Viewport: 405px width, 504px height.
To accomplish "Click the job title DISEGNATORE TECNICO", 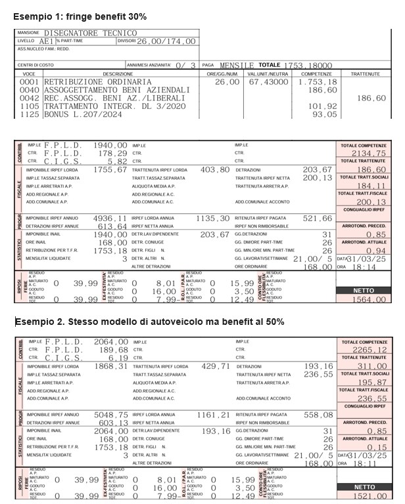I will [90, 33].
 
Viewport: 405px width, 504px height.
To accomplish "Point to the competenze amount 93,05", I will [324, 114].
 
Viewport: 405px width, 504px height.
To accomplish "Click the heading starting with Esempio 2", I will [150, 322].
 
